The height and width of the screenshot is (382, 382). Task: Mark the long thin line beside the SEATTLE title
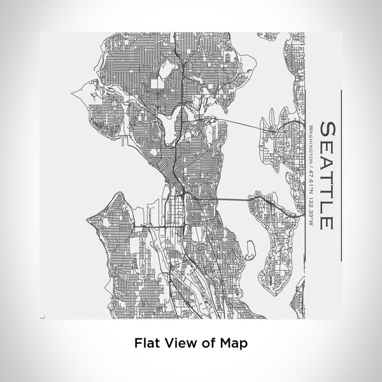click(342, 174)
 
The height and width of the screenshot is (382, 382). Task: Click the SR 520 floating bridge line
click(242, 123)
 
